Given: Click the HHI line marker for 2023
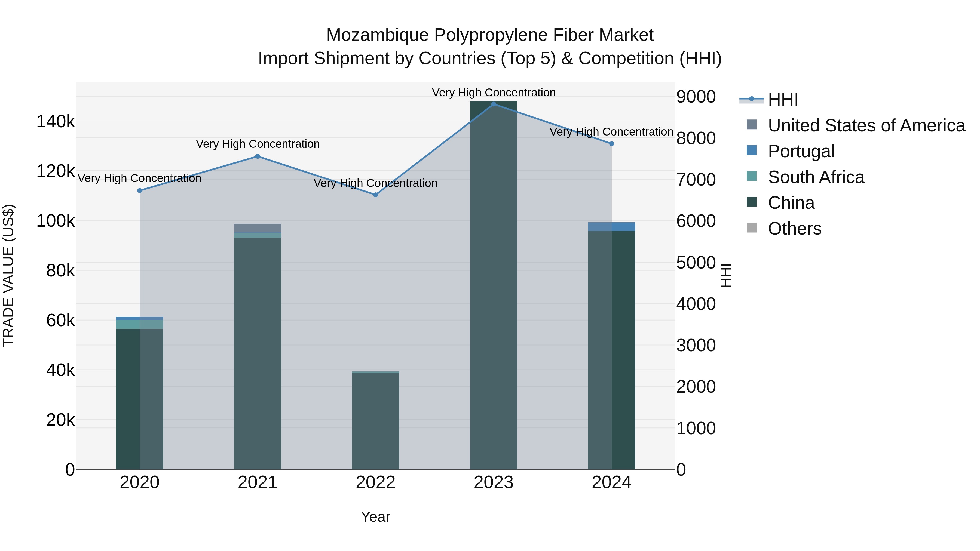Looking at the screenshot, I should tap(494, 104).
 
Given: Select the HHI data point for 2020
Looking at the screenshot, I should tap(140, 190).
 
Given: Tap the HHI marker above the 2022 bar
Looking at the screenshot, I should tap(375, 195).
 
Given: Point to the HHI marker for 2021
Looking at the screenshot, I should tap(258, 156).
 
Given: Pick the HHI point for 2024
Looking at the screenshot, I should tap(611, 144).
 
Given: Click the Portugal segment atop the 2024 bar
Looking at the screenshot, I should tap(611, 227).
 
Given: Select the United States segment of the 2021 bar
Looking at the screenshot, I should tap(258, 228).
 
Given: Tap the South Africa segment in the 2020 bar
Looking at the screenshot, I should tap(140, 324).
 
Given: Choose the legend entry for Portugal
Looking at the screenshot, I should tap(801, 151).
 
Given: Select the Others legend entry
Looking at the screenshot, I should tap(794, 229).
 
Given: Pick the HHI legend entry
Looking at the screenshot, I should tap(783, 100).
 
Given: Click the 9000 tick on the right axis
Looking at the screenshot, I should tap(696, 97).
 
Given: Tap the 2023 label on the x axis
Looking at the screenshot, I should tap(494, 482).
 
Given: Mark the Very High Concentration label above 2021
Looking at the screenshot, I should tap(258, 144).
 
